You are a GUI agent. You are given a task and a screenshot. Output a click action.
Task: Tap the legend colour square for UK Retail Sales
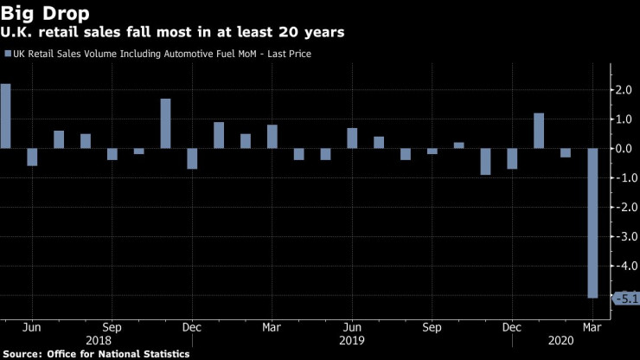9,54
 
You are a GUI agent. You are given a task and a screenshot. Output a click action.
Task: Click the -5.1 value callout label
625,299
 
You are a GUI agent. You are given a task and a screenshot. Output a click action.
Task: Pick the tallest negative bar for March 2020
592,223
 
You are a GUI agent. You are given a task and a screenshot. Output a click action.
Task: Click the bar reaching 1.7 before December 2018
165,124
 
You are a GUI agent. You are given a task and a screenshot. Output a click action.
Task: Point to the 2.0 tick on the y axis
624,89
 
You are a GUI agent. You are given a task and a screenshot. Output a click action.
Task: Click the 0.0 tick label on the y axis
624,149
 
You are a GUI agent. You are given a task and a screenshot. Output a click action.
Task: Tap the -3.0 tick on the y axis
623,238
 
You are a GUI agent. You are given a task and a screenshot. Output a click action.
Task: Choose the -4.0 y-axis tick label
623,267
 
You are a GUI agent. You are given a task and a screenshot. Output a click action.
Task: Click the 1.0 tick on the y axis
624,119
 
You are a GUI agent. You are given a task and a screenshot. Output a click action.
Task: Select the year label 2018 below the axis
98,341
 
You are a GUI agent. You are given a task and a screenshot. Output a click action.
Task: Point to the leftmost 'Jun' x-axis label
32,328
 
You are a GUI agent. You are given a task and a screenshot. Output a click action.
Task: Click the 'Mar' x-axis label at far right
592,328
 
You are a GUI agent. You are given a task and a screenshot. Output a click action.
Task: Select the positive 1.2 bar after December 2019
539,131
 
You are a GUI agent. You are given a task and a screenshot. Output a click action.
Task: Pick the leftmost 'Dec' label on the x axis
192,328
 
